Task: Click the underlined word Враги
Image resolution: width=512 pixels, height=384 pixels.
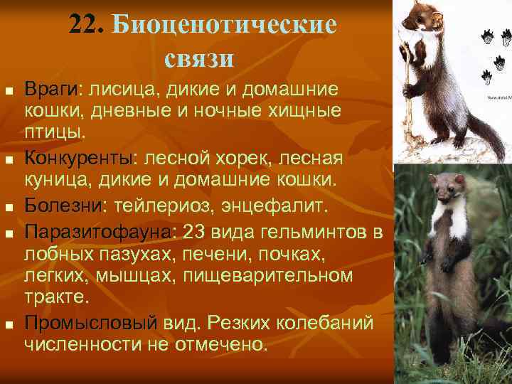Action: tap(53, 91)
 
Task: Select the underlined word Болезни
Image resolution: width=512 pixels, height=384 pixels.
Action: tap(63, 206)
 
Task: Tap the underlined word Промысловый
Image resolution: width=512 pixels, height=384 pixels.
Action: tap(90, 323)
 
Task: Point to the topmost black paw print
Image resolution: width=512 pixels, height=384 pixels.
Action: tap(489, 34)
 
